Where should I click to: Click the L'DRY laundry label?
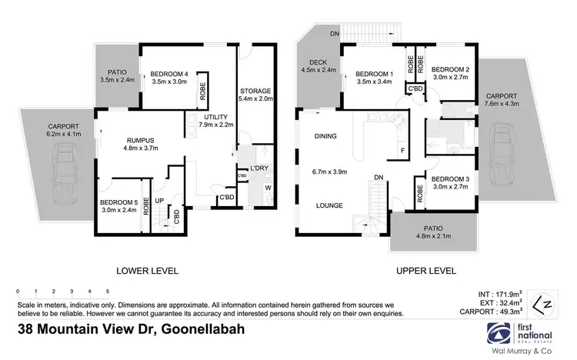(x=258, y=168)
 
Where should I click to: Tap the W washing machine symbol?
(x=267, y=187)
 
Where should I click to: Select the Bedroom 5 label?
(x=116, y=203)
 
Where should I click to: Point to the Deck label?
(x=318, y=64)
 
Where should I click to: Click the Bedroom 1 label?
(x=371, y=75)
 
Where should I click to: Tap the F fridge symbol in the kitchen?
(x=402, y=151)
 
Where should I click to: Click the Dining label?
(x=326, y=137)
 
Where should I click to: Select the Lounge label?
(x=328, y=205)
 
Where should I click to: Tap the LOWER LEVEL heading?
(x=147, y=271)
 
